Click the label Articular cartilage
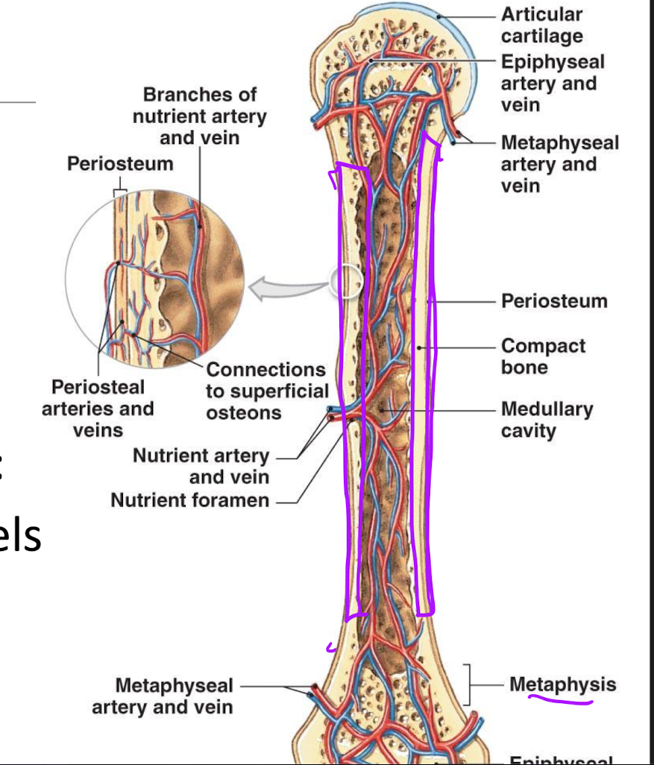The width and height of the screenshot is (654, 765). (x=541, y=25)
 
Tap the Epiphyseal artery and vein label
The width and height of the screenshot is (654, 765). (x=552, y=83)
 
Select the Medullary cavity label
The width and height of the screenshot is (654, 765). (x=547, y=420)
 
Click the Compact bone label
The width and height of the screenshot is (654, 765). (x=543, y=356)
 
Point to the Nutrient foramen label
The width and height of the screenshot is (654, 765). (x=189, y=500)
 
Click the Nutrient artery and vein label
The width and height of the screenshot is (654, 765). (x=201, y=466)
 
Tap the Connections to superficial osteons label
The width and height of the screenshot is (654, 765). (x=266, y=391)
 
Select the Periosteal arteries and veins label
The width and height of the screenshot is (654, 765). (x=98, y=409)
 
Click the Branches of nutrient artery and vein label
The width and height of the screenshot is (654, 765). (x=199, y=116)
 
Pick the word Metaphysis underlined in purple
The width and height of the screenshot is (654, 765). (x=562, y=684)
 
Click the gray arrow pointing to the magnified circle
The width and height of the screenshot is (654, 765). (x=287, y=287)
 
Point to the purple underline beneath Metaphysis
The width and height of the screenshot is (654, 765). (x=561, y=700)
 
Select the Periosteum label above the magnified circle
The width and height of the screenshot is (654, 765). (x=120, y=163)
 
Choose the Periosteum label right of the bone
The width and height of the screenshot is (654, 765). (x=553, y=301)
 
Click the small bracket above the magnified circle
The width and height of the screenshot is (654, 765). (x=119, y=192)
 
